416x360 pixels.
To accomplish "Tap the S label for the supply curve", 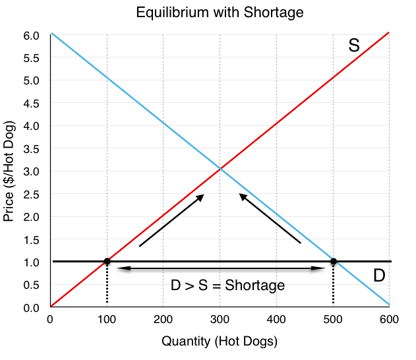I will tap(354, 45).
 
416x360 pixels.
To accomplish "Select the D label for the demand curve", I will tap(379, 276).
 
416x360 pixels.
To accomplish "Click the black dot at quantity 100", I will tap(107, 262).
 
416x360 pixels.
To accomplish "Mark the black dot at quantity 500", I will tap(334, 262).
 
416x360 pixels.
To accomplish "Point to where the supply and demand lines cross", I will tap(220, 171).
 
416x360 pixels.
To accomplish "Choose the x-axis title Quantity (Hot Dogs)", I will tap(220, 341).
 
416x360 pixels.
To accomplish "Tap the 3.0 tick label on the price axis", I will tap(32, 171).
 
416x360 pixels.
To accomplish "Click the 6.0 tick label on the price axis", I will tap(32, 35).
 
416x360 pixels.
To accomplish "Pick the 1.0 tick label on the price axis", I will tap(32, 262).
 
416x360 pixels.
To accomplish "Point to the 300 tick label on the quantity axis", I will tap(220, 321).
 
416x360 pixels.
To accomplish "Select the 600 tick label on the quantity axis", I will tap(390, 321).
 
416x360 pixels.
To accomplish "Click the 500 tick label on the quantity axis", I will tap(333, 321).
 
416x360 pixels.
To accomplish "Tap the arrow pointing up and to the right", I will tap(171, 220).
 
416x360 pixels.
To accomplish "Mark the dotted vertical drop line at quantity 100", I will tap(107, 285).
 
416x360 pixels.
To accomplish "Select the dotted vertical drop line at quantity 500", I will tap(334, 285).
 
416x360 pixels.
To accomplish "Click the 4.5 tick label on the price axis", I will tap(32, 103).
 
